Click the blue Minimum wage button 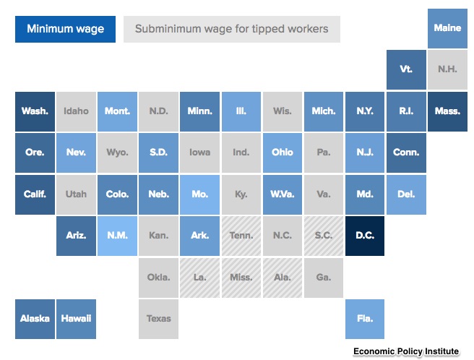65,29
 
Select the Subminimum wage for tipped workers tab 232,29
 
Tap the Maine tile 447,28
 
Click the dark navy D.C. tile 365,236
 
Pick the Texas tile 158,319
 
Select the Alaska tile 35,319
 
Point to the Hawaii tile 76,319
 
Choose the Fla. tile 365,319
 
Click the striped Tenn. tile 241,236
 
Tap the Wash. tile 35,111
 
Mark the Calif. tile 35,194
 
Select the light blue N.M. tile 117,236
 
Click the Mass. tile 447,111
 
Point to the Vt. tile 406,69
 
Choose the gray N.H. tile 447,69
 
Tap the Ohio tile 283,153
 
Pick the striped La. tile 200,278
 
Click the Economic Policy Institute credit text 406,351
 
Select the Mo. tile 200,194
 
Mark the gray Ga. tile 324,278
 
